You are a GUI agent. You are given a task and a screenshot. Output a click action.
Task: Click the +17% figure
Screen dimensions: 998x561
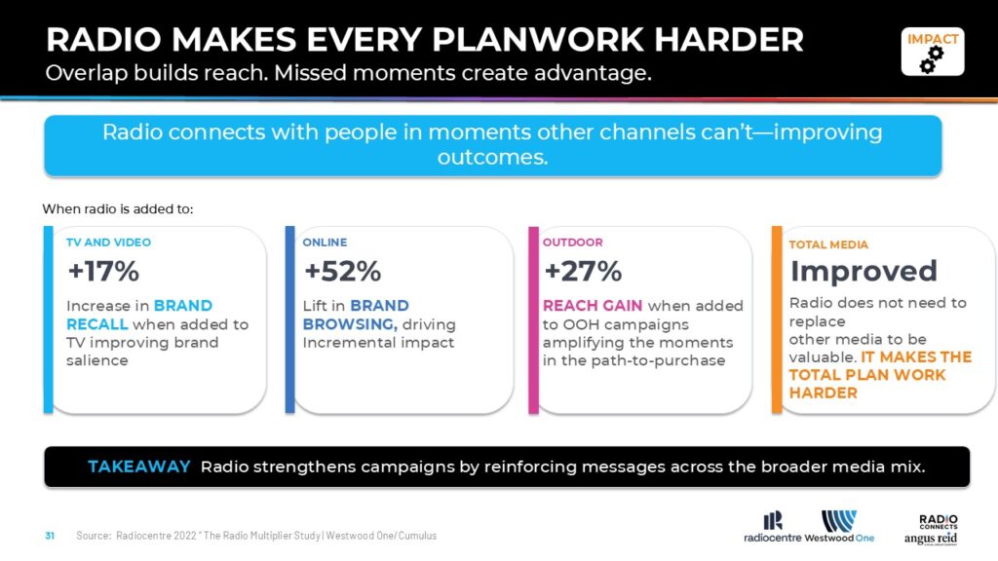pyautogui.click(x=103, y=272)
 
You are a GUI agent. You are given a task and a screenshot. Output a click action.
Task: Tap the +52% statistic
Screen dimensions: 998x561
pyautogui.click(x=342, y=272)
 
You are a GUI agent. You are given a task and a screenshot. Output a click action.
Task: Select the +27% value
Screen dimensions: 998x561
pyautogui.click(x=583, y=272)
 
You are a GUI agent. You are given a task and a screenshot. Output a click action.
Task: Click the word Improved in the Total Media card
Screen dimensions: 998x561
pyautogui.click(x=864, y=272)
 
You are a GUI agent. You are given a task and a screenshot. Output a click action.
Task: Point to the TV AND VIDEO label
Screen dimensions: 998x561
pyautogui.click(x=108, y=243)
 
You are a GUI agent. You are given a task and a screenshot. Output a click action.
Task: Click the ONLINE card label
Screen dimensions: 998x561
pyautogui.click(x=325, y=243)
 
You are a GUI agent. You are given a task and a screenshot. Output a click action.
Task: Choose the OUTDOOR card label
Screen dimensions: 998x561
pyautogui.click(x=572, y=243)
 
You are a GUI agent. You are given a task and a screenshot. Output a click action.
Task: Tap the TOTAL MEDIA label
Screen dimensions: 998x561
pyautogui.click(x=828, y=244)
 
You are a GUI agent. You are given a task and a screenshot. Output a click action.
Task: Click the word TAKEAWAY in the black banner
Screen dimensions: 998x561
pyautogui.click(x=138, y=467)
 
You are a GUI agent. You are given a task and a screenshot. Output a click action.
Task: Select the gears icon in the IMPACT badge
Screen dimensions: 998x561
pyautogui.click(x=931, y=59)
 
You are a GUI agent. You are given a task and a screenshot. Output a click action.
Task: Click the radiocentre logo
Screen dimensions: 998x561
pyautogui.click(x=772, y=528)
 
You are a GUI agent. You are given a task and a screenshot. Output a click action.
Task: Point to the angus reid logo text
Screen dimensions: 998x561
pyautogui.click(x=930, y=539)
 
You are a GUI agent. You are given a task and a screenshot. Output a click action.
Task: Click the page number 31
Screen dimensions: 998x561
pyautogui.click(x=50, y=536)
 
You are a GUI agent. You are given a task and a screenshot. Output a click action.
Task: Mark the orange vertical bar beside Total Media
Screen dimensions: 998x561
pyautogui.click(x=777, y=319)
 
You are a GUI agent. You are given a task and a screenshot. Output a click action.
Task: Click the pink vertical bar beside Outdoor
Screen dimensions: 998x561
pyautogui.click(x=533, y=319)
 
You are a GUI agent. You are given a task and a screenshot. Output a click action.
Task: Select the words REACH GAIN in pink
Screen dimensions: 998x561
pyautogui.click(x=592, y=306)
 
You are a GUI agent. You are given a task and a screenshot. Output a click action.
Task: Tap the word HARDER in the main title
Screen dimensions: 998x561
pyautogui.click(x=729, y=39)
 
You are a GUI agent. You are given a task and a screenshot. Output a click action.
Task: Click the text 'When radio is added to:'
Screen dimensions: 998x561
pyautogui.click(x=118, y=209)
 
